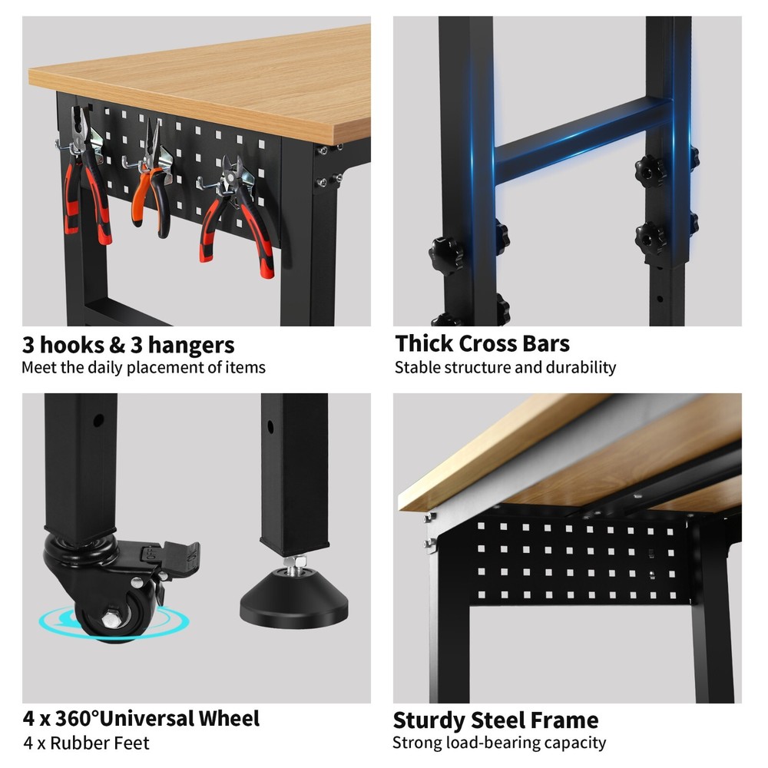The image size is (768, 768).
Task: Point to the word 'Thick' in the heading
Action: pyautogui.click(x=423, y=343)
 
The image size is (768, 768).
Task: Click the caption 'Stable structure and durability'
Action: pyautogui.click(x=505, y=367)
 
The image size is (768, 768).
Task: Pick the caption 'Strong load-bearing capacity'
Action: pyautogui.click(x=498, y=743)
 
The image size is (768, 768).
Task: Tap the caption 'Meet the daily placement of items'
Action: pyautogui.click(x=143, y=367)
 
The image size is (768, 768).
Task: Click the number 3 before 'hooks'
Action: pyautogui.click(x=29, y=345)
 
